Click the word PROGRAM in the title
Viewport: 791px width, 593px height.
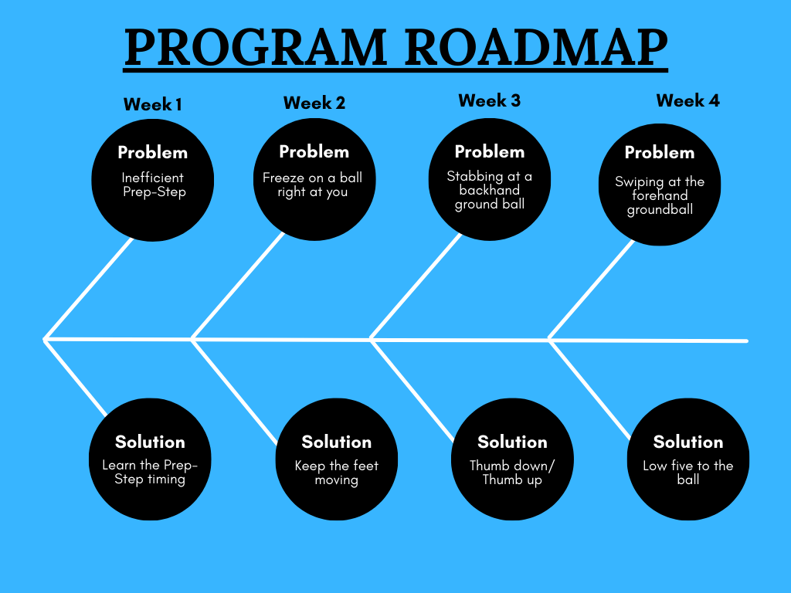pos(256,47)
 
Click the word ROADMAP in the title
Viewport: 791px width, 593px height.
pos(536,47)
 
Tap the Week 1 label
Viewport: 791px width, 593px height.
pos(152,104)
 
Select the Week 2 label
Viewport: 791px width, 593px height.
pos(314,103)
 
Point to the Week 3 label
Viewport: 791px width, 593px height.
pos(489,100)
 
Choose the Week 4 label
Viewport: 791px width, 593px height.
pos(687,100)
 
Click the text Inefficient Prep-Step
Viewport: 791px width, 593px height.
pos(153,185)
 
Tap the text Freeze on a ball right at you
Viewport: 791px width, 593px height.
pos(313,185)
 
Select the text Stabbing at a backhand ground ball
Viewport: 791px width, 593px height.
pos(489,190)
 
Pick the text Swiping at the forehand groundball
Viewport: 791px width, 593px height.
pos(660,195)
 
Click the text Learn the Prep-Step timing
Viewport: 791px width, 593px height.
pos(150,473)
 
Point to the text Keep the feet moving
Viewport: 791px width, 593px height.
pos(337,473)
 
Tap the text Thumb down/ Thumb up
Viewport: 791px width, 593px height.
pos(512,473)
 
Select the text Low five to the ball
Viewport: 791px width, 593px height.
pos(688,473)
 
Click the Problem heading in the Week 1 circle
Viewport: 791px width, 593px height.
pos(152,152)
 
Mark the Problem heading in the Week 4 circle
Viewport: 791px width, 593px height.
pos(660,152)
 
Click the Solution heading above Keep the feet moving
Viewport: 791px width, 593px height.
pos(337,442)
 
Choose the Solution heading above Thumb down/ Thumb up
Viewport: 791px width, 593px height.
pos(512,442)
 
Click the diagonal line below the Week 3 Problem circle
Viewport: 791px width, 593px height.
pos(416,286)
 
